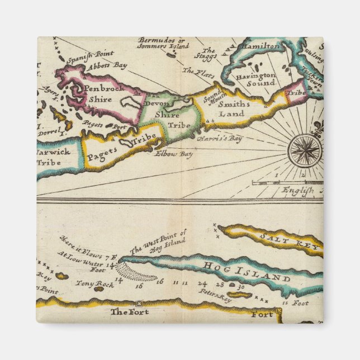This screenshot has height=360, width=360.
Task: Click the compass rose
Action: (x=305, y=150)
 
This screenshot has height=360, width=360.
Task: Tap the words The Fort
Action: (x=130, y=311)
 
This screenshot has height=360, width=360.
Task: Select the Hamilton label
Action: (x=262, y=46)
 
